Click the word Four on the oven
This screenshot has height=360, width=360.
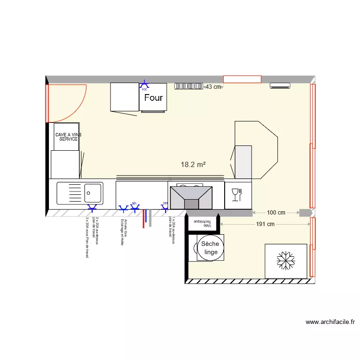tap(154, 98)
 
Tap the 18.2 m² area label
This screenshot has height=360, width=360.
tap(193, 165)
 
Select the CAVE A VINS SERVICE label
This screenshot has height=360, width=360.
tap(68, 137)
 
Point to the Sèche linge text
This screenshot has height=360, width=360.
tap(210, 248)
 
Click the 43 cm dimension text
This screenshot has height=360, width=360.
tap(213, 87)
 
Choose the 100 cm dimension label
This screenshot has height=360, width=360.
tap(276, 213)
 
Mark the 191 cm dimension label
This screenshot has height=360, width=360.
tap(265, 224)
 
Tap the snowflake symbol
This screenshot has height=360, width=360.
tap(286, 261)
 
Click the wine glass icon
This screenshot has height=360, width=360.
tap(236, 194)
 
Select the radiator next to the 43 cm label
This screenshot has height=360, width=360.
tap(189, 86)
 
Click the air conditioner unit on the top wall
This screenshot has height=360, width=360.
tap(280, 86)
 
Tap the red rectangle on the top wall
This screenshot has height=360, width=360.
tap(242, 79)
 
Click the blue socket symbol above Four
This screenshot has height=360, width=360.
tap(144, 86)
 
